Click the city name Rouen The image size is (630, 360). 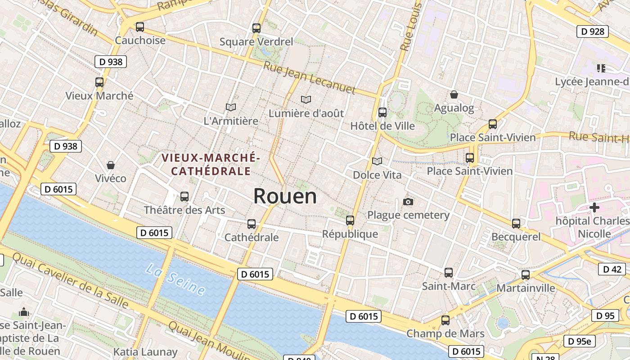pos(285,197)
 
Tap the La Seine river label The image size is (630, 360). pos(175,279)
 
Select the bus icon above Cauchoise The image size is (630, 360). pos(140,27)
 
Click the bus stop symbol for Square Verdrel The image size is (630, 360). pos(256,28)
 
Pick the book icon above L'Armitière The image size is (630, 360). pos(231,107)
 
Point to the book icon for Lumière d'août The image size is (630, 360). pos(306,99)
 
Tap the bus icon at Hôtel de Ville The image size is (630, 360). pos(382,112)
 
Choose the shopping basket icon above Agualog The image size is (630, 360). pos(454,94)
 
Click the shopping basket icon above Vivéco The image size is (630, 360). pos(111,165)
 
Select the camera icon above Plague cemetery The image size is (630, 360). pos(408,202)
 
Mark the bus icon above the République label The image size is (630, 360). pos(350,220)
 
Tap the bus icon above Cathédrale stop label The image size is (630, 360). pos(252,224)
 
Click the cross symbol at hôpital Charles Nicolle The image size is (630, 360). pos(594,207)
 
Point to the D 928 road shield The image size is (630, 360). pos(592,31)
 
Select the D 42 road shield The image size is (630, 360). pos(612,269)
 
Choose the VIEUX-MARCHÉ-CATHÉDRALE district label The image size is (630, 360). pos(211,164)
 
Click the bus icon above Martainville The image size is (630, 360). pos(526,274)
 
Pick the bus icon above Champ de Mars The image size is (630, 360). pos(445,320)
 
